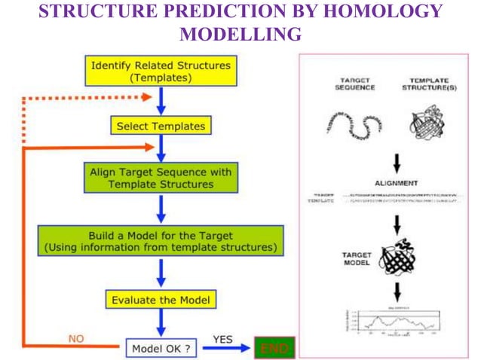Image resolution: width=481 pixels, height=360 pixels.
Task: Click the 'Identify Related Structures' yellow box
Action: point(161,71)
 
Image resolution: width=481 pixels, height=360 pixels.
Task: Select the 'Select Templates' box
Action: point(160,126)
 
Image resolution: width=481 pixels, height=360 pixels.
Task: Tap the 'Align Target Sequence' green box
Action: point(160,178)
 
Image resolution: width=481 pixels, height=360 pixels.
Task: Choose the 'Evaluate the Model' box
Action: point(160,299)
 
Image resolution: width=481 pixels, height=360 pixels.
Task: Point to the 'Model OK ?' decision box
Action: point(160,349)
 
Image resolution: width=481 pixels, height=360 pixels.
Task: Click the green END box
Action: point(274,349)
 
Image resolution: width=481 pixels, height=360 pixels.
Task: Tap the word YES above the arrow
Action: point(222,339)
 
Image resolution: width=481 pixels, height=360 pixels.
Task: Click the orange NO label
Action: point(75,339)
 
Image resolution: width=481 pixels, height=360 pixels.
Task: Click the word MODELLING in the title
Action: point(241,34)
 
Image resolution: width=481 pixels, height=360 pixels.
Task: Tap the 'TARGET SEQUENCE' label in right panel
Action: point(354,83)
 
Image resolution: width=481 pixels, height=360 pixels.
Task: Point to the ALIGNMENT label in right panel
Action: point(397,182)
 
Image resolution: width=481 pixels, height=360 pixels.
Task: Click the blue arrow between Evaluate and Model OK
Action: point(160,322)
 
